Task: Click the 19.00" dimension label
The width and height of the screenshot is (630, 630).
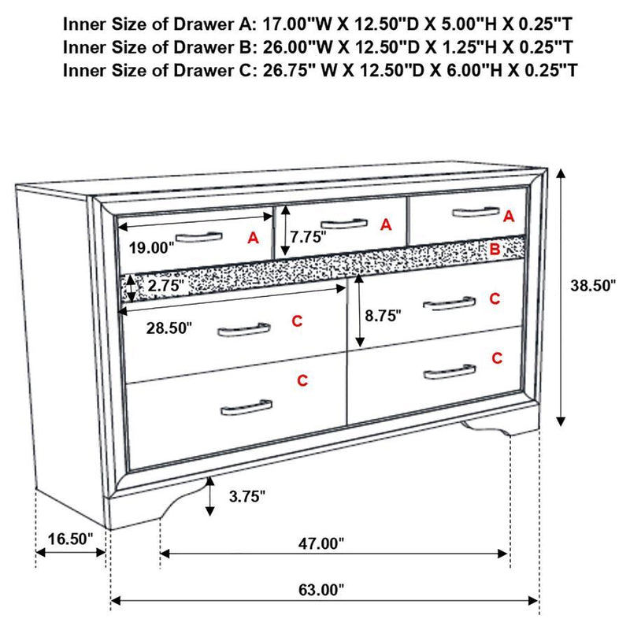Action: tap(150, 247)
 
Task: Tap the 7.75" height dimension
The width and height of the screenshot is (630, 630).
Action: tap(307, 235)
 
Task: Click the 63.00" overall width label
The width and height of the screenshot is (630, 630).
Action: tap(323, 589)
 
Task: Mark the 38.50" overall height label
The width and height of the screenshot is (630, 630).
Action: tap(593, 286)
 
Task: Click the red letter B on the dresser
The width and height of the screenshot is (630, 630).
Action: tap(495, 250)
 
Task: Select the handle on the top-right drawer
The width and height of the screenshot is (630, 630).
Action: tap(475, 211)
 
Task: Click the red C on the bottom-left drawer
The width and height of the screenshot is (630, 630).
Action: tap(302, 381)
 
